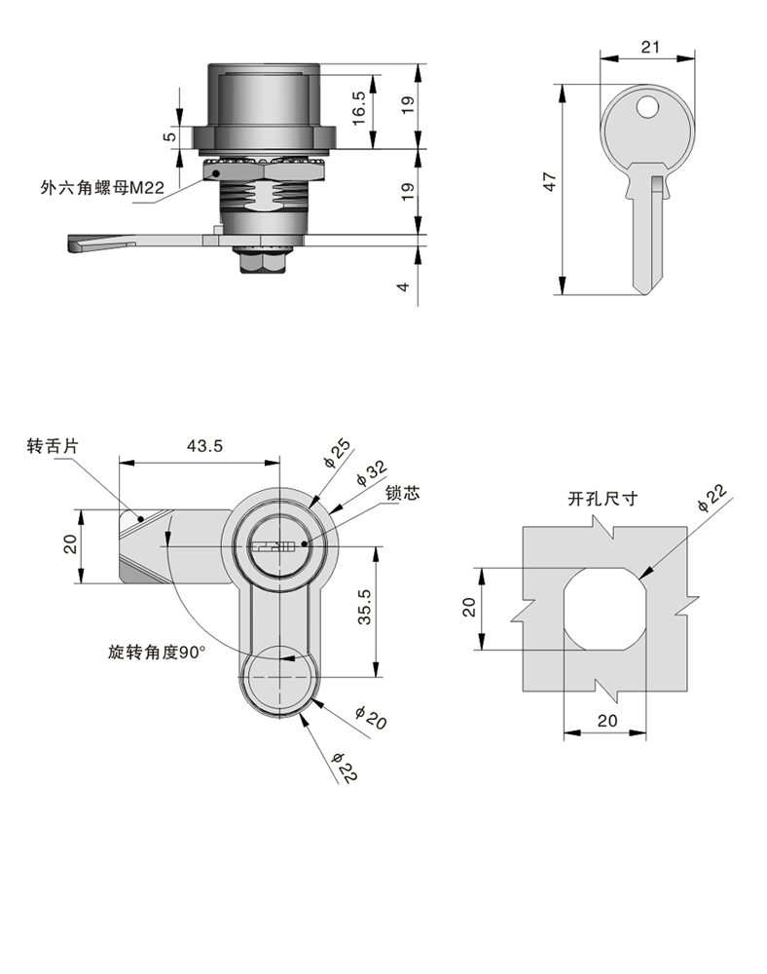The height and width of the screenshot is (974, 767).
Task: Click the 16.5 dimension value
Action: [358, 105]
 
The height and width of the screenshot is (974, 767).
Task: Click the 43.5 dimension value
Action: [205, 445]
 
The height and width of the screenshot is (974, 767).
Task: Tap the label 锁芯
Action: [401, 493]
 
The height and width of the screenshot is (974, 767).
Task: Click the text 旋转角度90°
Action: [158, 653]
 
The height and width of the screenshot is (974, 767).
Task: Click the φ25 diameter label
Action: [337, 454]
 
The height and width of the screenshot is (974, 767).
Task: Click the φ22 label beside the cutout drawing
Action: [712, 498]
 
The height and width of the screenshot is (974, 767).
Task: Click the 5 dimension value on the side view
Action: [171, 137]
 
